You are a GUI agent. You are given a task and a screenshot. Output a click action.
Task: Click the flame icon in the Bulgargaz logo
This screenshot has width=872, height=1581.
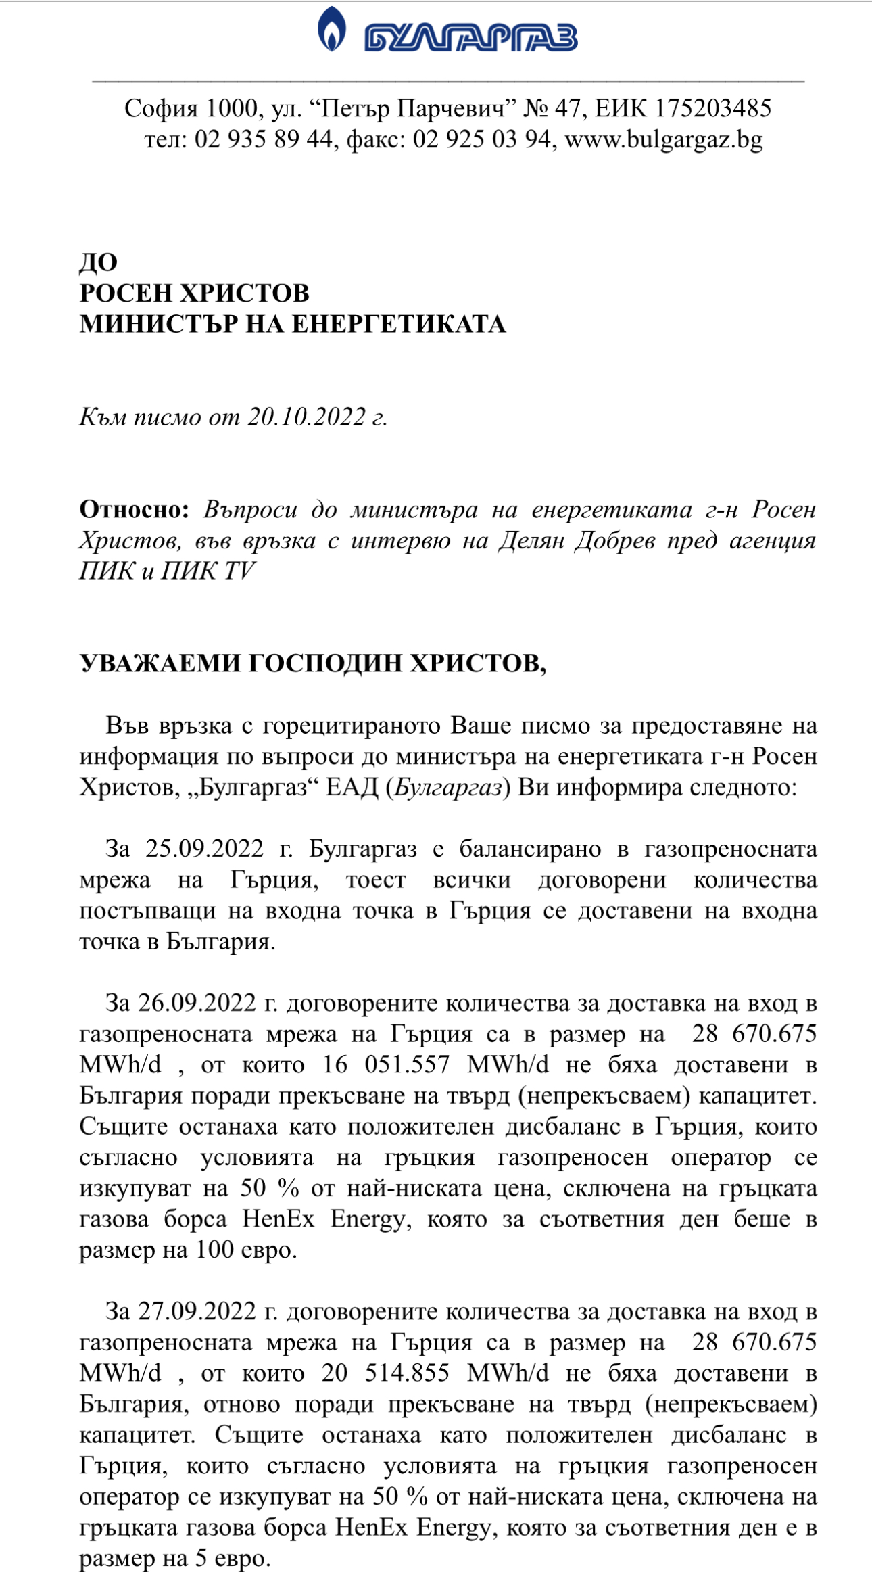click(x=331, y=29)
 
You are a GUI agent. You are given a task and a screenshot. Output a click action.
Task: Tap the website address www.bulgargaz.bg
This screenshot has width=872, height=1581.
click(x=663, y=139)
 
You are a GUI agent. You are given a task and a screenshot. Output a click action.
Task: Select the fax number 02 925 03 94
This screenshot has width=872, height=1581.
click(x=481, y=139)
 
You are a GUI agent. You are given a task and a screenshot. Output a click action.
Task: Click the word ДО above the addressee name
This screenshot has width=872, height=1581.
click(x=99, y=262)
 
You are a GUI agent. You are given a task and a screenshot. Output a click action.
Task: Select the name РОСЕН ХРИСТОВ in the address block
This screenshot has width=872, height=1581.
click(x=195, y=293)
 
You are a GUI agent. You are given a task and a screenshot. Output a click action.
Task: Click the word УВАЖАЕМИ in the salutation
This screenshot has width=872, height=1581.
click(x=160, y=664)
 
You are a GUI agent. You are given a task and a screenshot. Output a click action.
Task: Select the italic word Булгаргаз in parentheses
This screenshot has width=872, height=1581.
click(x=448, y=788)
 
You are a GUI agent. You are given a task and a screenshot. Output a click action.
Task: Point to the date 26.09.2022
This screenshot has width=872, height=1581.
click(x=197, y=1003)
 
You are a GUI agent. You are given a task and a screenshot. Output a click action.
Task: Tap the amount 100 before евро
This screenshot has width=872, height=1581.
click(x=214, y=1250)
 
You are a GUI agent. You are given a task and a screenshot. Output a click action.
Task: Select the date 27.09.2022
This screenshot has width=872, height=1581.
click(x=197, y=1311)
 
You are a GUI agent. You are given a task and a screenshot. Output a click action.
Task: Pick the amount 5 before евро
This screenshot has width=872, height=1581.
click(x=201, y=1559)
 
